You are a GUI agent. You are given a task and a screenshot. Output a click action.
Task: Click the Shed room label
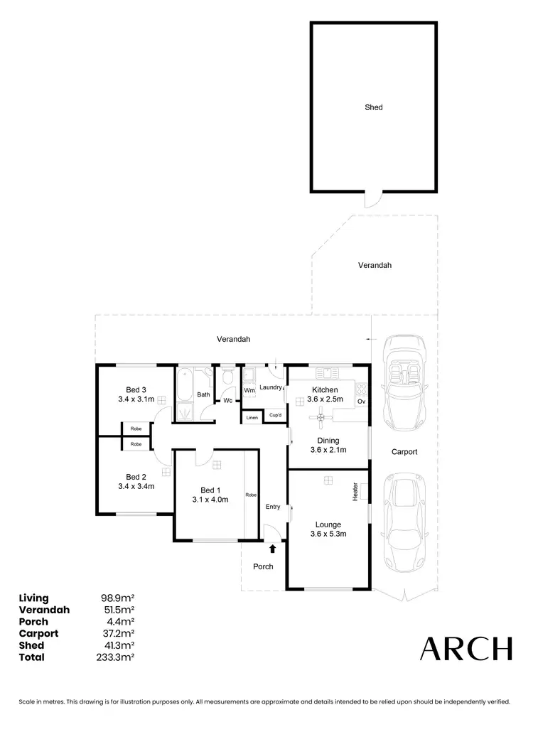pyautogui.click(x=374, y=107)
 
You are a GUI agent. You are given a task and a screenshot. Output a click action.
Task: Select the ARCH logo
pyautogui.click(x=465, y=648)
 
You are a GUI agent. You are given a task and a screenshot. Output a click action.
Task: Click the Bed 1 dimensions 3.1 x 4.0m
pyautogui.click(x=210, y=500)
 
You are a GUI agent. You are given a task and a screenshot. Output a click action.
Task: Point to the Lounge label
pyautogui.click(x=328, y=525)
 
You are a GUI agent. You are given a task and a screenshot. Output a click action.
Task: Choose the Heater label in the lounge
pyautogui.click(x=355, y=490)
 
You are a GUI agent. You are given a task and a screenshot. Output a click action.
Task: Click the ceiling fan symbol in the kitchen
pyautogui.click(x=322, y=418)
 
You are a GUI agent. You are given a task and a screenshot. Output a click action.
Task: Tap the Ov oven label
pyautogui.click(x=361, y=402)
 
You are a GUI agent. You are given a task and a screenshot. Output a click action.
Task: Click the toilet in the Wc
pyautogui.click(x=228, y=377)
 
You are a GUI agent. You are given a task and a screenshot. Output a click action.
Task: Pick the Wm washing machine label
pyautogui.click(x=249, y=390)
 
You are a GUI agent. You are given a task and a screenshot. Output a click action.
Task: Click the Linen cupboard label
pyautogui.click(x=252, y=417)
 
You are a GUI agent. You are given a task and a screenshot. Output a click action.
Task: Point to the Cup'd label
pyautogui.click(x=274, y=415)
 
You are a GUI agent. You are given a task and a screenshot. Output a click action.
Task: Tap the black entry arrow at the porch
pyautogui.click(x=273, y=548)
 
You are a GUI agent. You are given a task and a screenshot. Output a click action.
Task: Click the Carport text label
pyautogui.click(x=404, y=452)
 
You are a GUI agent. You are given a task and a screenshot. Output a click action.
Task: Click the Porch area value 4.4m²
pyautogui.click(x=119, y=622)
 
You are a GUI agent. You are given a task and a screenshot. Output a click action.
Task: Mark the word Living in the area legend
pyautogui.click(x=34, y=598)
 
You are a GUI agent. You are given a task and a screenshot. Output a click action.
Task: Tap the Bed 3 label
pyautogui.click(x=136, y=389)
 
